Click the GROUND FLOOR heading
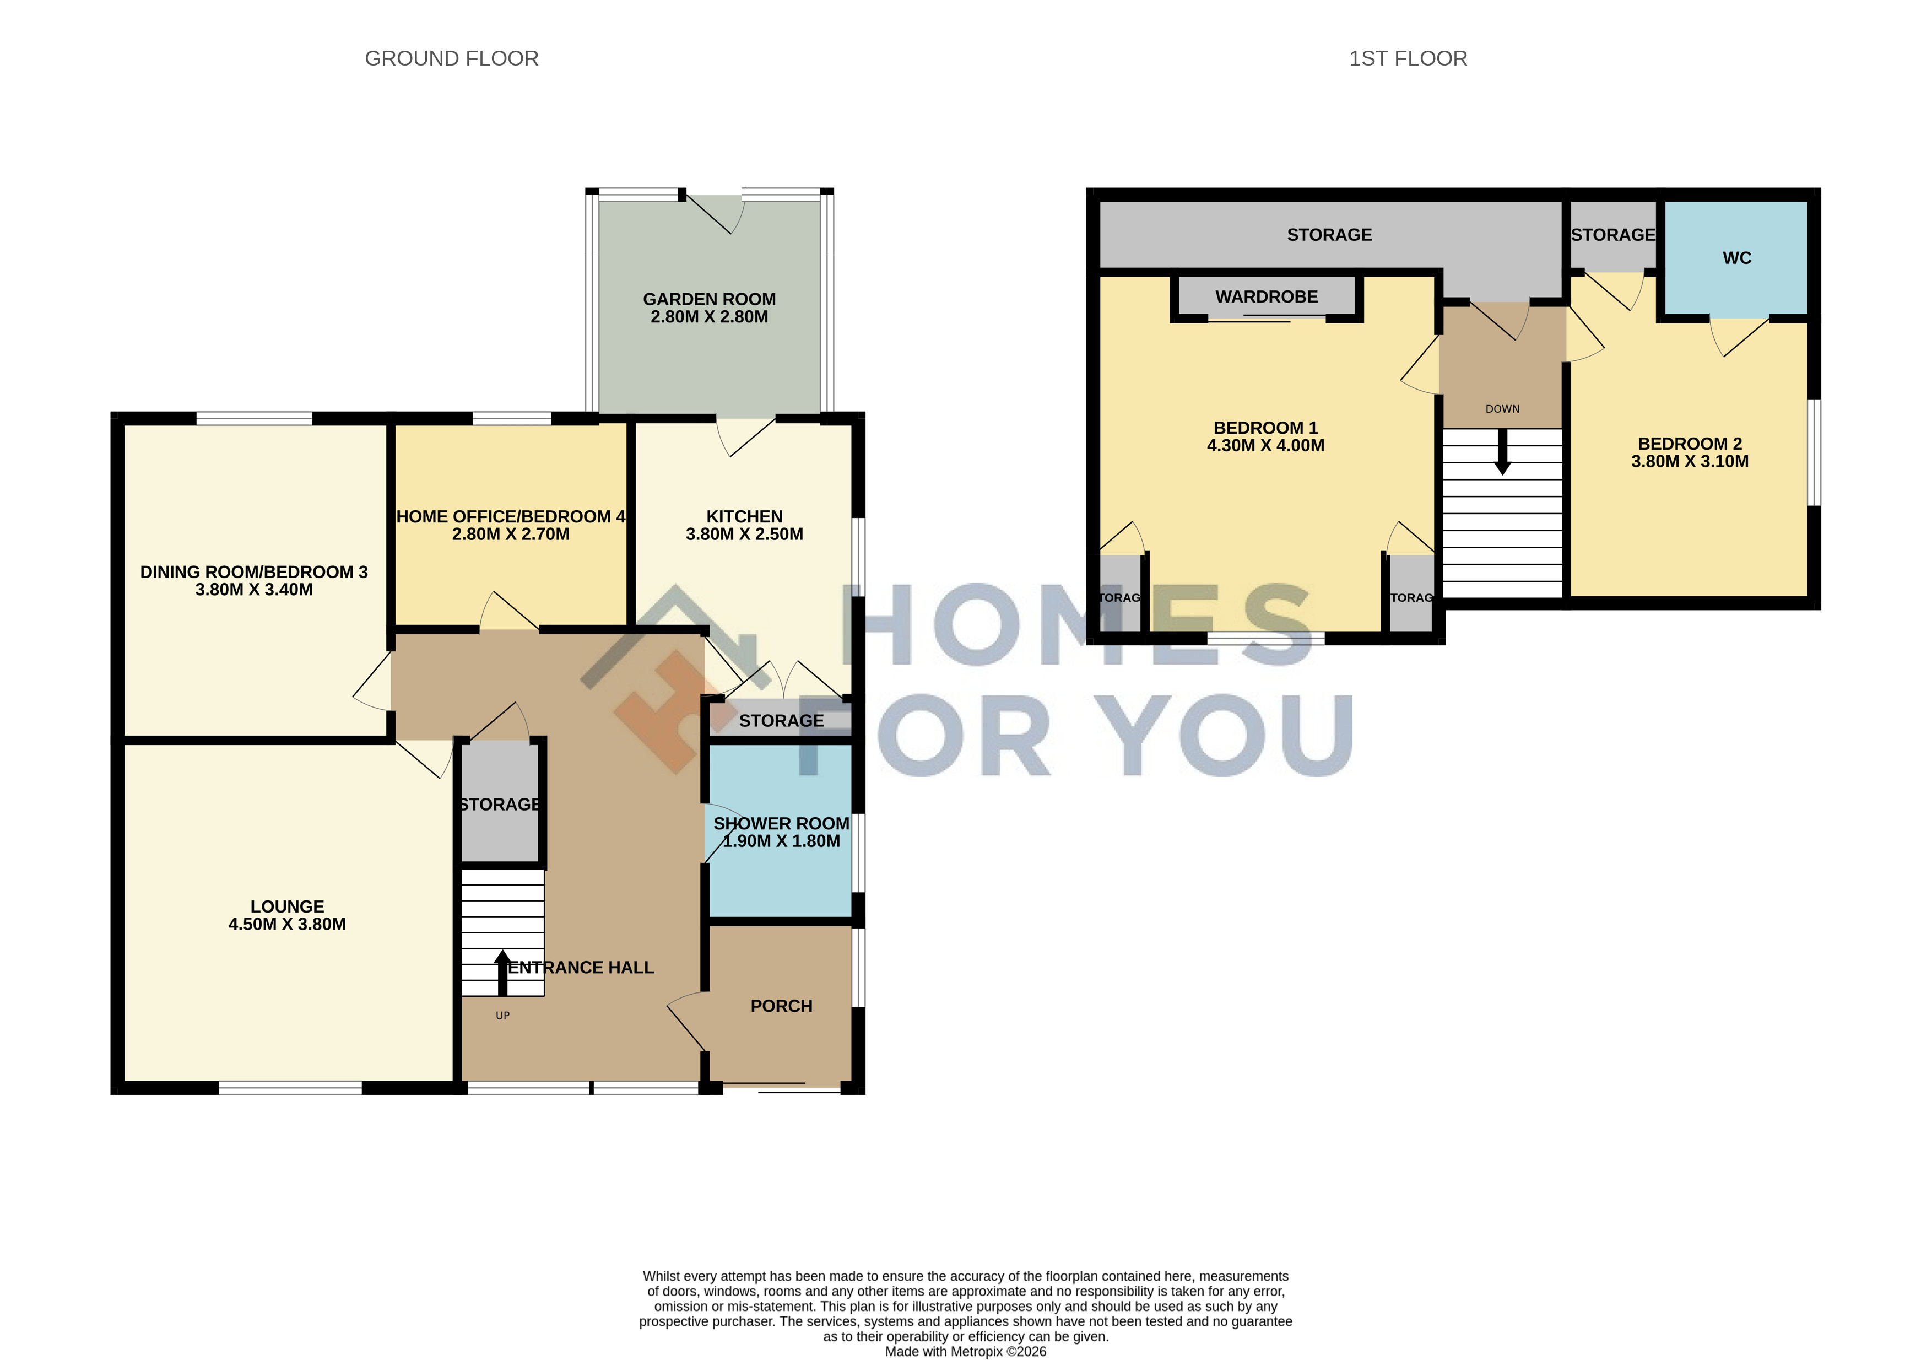(451, 58)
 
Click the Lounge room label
(287, 906)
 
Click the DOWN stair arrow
(1502, 452)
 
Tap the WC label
(1737, 258)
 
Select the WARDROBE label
(1267, 297)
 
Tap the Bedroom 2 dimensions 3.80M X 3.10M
(1690, 461)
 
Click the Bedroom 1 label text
(1265, 428)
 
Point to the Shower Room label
(781, 823)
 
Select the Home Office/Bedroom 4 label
(511, 517)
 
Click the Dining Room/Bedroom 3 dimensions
(254, 590)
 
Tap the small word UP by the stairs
(502, 1016)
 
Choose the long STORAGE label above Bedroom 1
(1329, 235)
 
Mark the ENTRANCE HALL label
(581, 968)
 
